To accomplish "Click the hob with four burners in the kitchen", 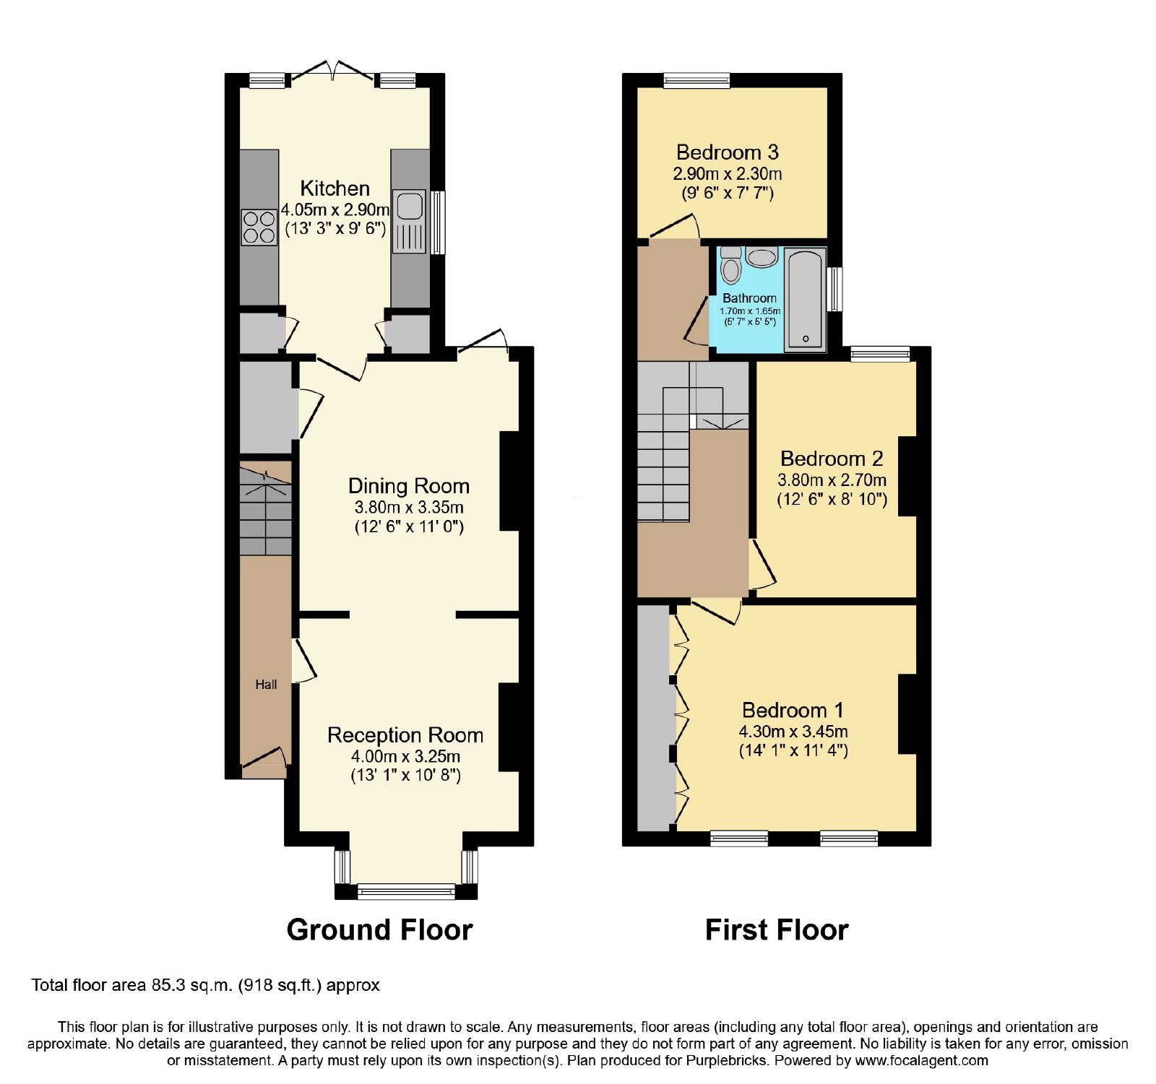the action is (x=259, y=227).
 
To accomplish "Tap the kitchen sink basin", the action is (x=409, y=205).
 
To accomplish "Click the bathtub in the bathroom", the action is (x=805, y=300).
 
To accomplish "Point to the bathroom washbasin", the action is (x=762, y=257).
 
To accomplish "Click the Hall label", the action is (x=266, y=685).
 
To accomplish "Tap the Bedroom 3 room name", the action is (x=727, y=152).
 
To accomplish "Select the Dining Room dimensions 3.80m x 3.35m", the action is (x=409, y=507).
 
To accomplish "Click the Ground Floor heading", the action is (x=379, y=929).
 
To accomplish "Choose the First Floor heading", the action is (x=777, y=929).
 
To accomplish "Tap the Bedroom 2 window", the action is (x=880, y=354).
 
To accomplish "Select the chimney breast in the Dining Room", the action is (x=509, y=481).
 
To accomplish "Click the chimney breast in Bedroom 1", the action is (x=907, y=714).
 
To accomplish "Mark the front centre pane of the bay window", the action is (x=406, y=891).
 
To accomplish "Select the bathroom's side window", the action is (x=835, y=290).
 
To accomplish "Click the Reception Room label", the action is (x=405, y=735).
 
